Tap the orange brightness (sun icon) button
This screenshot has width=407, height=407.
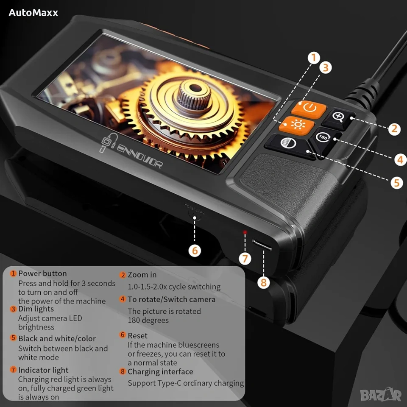[296, 125]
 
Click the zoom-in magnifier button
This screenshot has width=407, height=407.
[339, 117]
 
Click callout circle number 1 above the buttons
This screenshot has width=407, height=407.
[314, 58]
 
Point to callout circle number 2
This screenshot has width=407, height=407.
[394, 129]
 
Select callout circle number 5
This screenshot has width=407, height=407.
[397, 183]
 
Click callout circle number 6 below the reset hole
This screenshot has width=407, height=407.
[195, 251]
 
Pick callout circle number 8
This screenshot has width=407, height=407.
[263, 282]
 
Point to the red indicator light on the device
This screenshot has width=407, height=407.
[245, 232]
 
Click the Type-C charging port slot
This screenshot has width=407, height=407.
[262, 245]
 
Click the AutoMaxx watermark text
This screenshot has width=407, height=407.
[33, 13]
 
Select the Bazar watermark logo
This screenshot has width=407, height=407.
[381, 395]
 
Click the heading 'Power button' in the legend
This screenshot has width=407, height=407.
[42, 273]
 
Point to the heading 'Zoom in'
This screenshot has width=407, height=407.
[142, 275]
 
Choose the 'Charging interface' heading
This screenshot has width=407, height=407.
[160, 372]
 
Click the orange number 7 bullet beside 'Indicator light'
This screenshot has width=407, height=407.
[13, 369]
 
